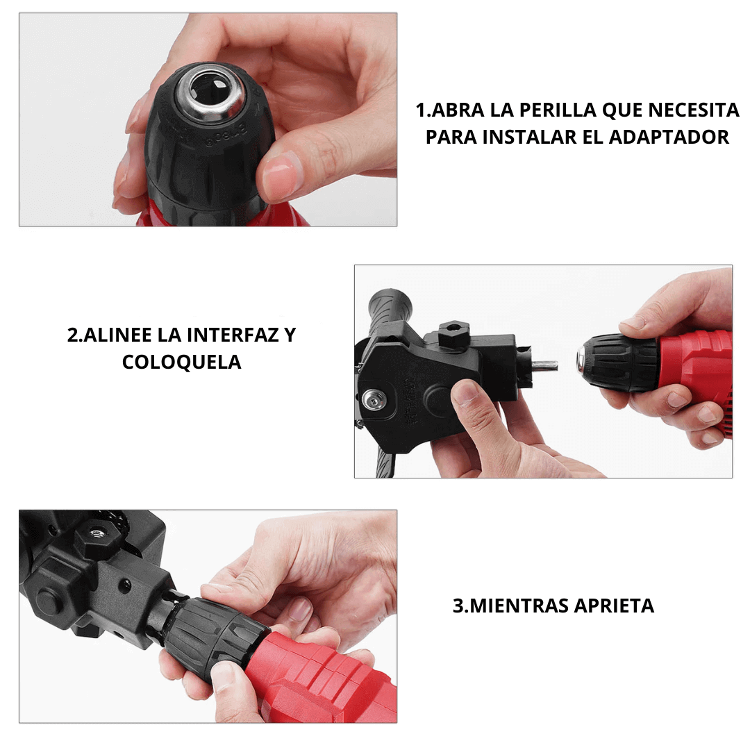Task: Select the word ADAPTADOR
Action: point(669,137)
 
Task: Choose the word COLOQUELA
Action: point(181,362)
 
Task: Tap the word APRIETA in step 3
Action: point(614,606)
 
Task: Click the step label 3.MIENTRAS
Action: point(510,606)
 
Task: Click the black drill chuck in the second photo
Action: point(618,362)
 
